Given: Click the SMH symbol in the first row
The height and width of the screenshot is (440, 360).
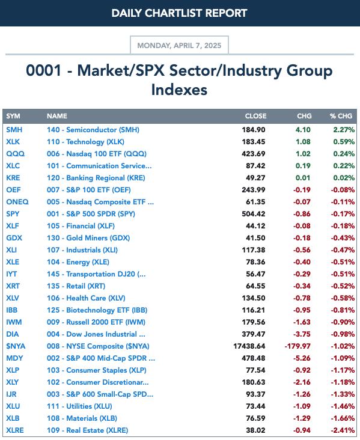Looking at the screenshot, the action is pos(14,130).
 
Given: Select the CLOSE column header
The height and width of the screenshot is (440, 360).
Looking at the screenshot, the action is pos(255,116).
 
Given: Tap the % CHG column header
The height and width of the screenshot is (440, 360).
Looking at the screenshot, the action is pos(341,116).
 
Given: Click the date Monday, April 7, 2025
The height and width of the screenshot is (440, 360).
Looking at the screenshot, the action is pos(179,46).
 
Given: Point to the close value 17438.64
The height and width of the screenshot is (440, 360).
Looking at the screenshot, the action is pos(249,346).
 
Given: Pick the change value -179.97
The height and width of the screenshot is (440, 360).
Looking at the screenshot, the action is pos(297,346).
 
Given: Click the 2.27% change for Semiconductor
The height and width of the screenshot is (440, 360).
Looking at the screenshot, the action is pos(344,130).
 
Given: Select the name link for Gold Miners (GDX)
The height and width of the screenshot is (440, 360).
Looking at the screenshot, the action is pos(88,238).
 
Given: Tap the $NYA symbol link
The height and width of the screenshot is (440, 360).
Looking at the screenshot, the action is pos(16,346).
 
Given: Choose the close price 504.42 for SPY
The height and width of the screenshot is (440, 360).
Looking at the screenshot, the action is pos(254,214).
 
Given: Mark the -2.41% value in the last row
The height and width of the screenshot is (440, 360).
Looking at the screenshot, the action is pos(343,430).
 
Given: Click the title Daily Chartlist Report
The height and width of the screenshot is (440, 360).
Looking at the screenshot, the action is pos(179,13).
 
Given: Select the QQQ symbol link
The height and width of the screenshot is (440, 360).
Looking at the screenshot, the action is pos(16,154).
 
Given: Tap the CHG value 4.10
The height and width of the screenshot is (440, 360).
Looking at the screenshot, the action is pos(303,130).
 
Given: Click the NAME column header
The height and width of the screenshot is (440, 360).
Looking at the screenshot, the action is pos(57,116).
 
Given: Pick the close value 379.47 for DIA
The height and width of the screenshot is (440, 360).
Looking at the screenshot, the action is pos(254,334).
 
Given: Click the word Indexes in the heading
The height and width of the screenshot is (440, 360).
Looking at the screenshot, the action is pos(179,90).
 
